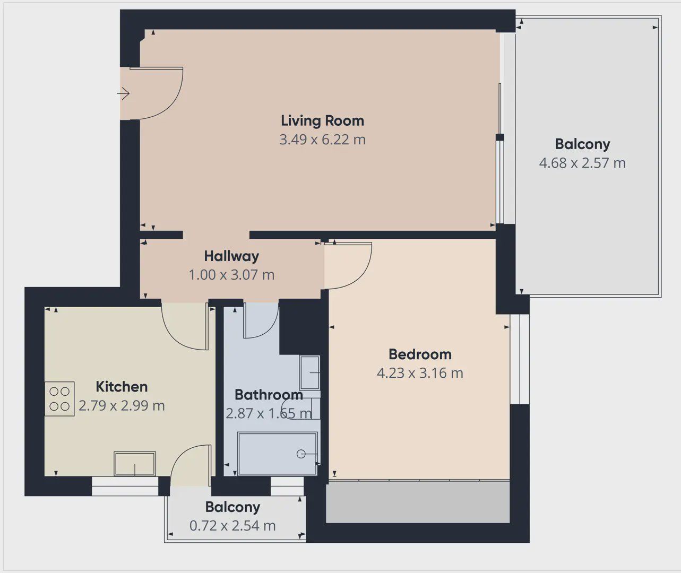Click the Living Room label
coord(322,121)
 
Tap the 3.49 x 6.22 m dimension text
coord(322,140)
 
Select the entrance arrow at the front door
coord(123,93)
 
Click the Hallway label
coord(231,256)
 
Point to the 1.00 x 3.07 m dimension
coord(231,275)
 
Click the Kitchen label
coord(122,387)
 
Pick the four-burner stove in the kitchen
coord(59,399)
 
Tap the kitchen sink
coord(135,463)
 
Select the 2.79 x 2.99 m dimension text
coord(122,406)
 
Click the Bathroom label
coord(269,395)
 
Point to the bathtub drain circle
coord(301,454)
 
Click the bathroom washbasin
coord(309,373)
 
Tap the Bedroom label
coord(420,354)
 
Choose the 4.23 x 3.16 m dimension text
coord(420,373)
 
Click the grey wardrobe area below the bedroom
coord(418,502)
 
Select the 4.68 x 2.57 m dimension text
coord(582,163)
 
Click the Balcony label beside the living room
coord(582,144)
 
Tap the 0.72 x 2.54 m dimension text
coord(232,526)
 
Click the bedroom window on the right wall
coord(520,359)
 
